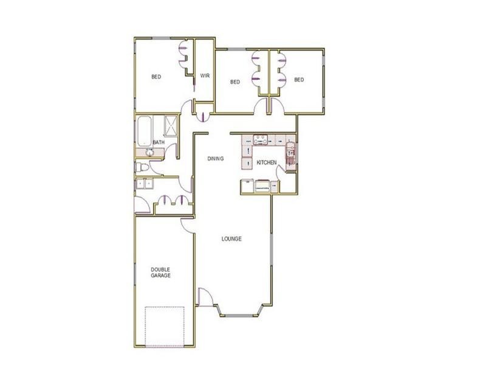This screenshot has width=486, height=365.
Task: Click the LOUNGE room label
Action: [x=231, y=239]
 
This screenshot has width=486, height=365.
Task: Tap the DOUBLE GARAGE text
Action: [x=161, y=272]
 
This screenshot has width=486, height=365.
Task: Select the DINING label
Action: [x=216, y=159]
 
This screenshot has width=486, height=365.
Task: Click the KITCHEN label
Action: [x=267, y=162]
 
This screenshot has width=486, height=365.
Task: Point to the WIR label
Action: [x=205, y=77]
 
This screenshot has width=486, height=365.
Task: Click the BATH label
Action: [x=159, y=142]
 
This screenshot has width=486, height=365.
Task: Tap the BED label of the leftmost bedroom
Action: [x=156, y=77]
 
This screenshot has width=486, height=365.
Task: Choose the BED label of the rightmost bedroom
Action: [x=299, y=80]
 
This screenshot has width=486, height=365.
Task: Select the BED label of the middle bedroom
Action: [x=235, y=82]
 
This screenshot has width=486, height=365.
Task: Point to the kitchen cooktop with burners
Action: [x=261, y=139]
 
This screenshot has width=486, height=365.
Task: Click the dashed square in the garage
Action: [x=164, y=325]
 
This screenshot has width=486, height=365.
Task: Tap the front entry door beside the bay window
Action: [x=205, y=297]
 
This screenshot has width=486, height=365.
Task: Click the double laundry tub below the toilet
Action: [x=145, y=182]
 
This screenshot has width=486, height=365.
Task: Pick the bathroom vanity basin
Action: [x=148, y=150]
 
